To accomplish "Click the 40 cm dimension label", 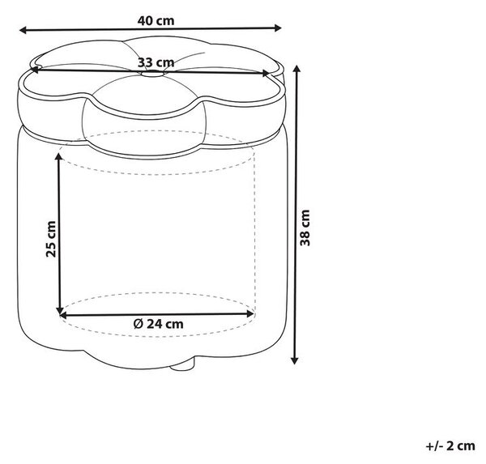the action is [156, 21].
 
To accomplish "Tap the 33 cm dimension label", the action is [156, 62].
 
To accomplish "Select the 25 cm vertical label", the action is [51, 239].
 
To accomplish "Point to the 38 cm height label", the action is [305, 228].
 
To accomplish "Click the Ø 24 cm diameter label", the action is [159, 324].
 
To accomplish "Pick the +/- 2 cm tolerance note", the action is [450, 445].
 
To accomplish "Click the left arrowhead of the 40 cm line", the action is [23, 30].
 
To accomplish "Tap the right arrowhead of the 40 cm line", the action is [278, 28].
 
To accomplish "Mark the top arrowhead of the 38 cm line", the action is [297, 70].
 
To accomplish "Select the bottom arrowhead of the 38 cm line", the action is [295, 360].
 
